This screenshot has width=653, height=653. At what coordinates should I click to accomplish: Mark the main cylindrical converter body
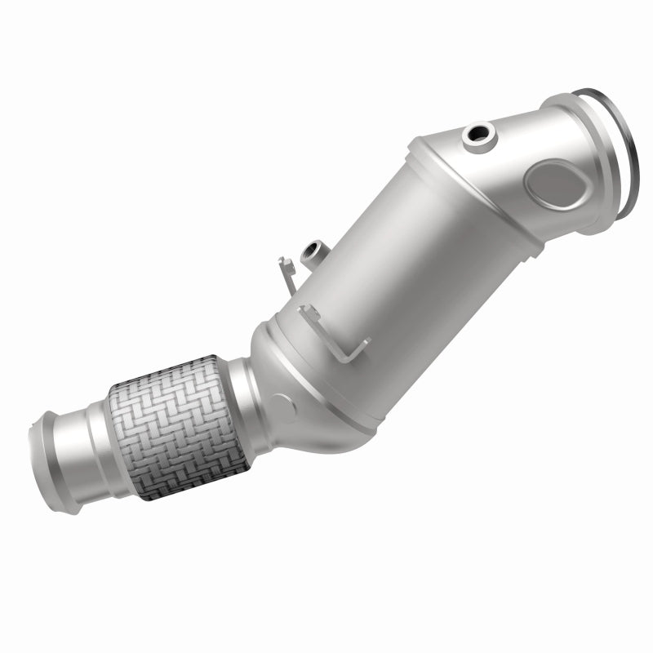coord(392,261)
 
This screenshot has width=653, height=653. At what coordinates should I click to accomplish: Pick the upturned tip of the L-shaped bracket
coord(304,311)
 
